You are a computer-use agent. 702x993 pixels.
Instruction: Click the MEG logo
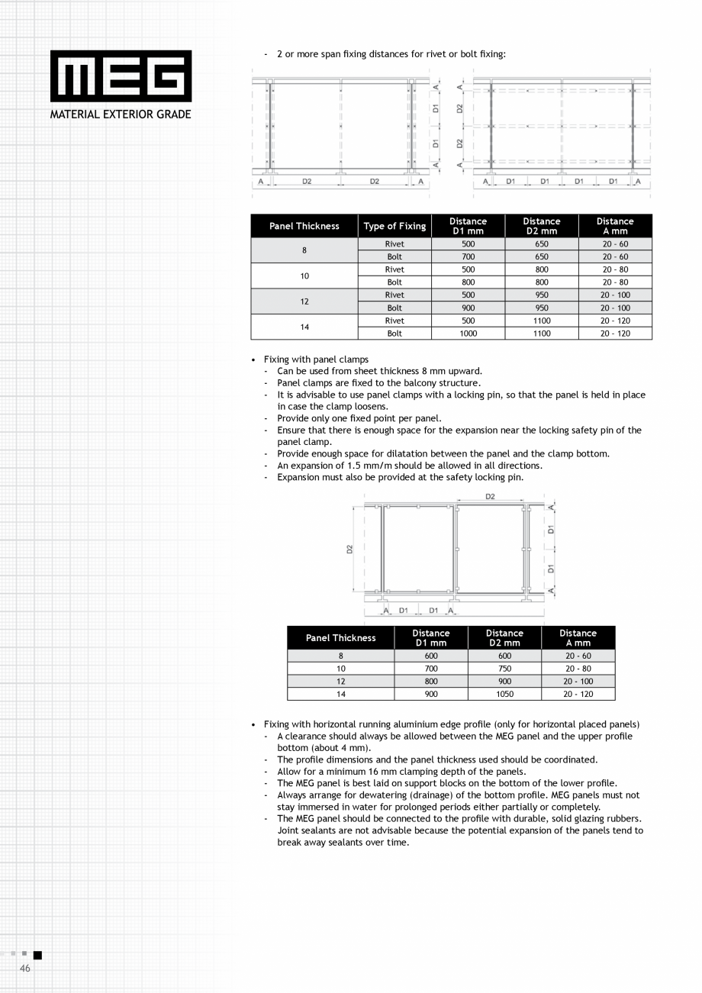pos(121,76)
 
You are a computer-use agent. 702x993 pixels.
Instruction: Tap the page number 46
pos(25,968)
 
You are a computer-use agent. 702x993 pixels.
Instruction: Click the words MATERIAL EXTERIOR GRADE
pos(121,114)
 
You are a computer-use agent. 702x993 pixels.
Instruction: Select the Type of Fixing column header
pos(394,226)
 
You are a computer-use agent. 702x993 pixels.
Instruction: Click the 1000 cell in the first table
pos(468,334)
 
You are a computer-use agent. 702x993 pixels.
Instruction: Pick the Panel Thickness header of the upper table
pos(304,226)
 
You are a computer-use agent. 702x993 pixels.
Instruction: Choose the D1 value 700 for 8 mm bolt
pos(468,257)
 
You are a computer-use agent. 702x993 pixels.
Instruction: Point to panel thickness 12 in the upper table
pos(304,301)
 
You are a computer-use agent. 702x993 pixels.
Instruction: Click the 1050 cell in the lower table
pos(504,694)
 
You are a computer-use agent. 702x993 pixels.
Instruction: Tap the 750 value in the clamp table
pos(504,669)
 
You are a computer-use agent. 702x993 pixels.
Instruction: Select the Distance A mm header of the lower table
pos(578,638)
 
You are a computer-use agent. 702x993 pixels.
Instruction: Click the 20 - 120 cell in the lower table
pos(578,694)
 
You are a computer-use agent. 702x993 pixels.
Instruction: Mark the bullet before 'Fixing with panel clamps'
pos(253,359)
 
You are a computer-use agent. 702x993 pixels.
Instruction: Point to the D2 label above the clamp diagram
pos(490,497)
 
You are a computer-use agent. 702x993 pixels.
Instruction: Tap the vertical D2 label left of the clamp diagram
pos(349,548)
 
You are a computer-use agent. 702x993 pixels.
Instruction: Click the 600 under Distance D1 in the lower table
pos(431,656)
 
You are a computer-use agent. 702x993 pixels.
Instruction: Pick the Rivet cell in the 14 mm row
pos(394,321)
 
